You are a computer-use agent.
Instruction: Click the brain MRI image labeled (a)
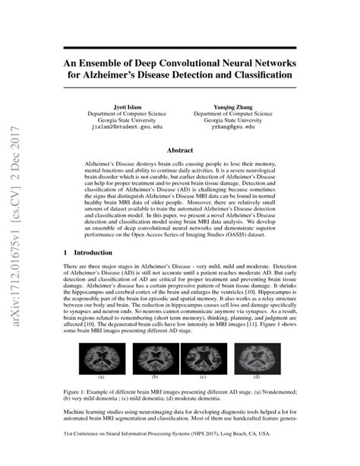click(101, 357)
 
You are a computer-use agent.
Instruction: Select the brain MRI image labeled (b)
click(155, 357)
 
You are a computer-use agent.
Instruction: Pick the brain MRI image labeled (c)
click(204, 357)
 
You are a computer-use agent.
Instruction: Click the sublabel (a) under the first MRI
click(101, 376)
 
